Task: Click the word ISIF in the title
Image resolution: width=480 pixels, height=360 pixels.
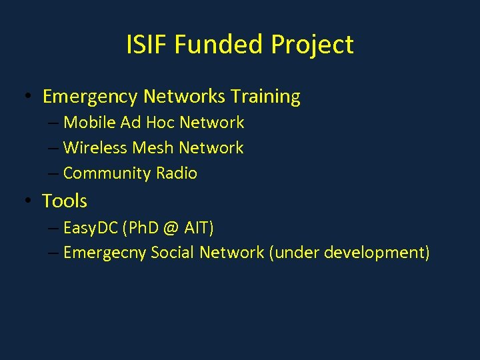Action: coord(147,45)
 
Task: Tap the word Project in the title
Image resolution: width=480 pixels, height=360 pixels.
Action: coord(312,45)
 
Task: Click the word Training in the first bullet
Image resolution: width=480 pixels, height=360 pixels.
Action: coord(265,97)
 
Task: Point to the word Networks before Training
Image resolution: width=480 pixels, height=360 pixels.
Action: coord(184,97)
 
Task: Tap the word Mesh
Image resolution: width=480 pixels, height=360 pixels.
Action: coord(154,148)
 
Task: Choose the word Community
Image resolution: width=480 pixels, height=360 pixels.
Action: coord(107,173)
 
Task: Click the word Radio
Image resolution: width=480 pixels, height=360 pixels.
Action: coord(176,173)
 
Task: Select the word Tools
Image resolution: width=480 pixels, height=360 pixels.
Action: coord(65,201)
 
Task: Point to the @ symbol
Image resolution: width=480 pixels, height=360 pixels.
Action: coord(170,229)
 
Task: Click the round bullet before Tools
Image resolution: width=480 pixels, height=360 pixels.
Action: coord(25,201)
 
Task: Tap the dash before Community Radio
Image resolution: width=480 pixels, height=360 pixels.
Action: coord(53,173)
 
